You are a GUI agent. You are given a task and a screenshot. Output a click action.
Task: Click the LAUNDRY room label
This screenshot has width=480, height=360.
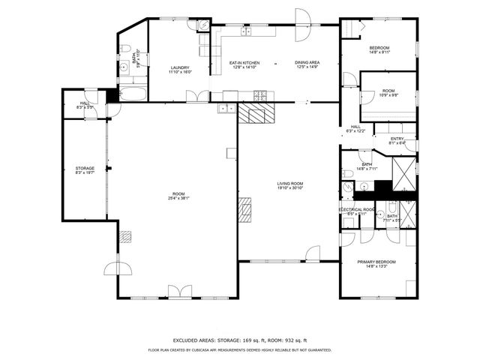click(x=180, y=67)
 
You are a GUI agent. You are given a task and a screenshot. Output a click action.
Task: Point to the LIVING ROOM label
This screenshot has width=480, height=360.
click(x=289, y=183)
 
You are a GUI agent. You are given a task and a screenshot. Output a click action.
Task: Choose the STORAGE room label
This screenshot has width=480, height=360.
click(x=84, y=168)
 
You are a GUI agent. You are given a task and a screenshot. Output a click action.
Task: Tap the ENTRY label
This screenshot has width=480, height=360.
click(x=397, y=138)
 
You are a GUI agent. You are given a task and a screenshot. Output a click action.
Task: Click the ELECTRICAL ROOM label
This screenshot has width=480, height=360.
click(x=356, y=209)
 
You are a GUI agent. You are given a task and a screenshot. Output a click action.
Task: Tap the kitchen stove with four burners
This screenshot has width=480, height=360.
click(x=260, y=95)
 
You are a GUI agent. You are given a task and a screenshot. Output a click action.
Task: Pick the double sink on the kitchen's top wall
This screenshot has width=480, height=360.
click(x=246, y=31)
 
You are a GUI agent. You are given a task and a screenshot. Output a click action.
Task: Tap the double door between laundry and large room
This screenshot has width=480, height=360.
click(x=197, y=96)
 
